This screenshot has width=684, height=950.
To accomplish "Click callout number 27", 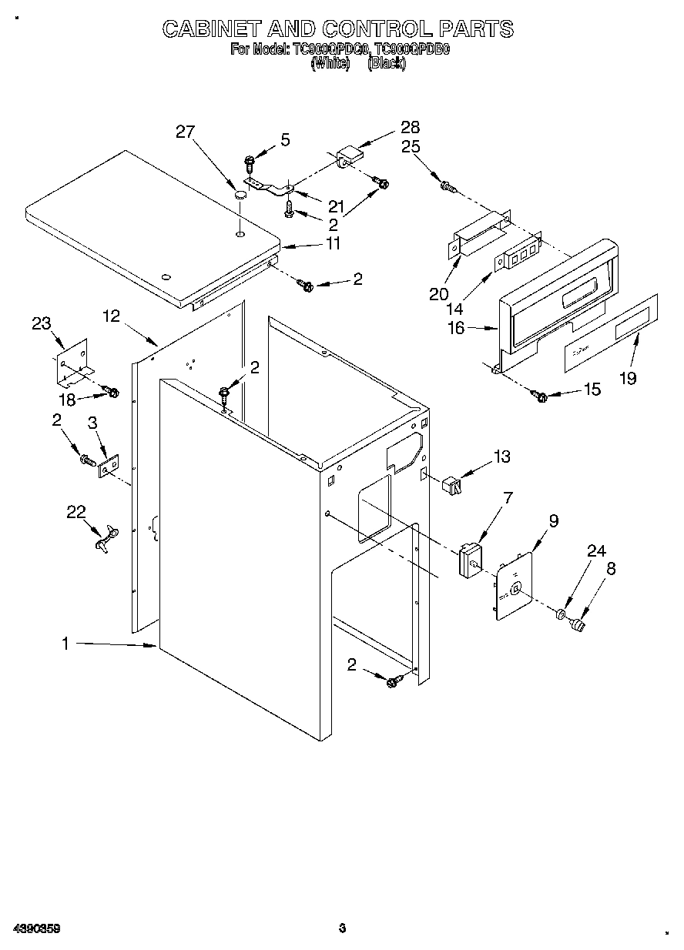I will click(x=185, y=132).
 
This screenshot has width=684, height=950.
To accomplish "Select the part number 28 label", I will click(x=410, y=127).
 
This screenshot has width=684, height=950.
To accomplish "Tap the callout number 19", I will click(x=629, y=378).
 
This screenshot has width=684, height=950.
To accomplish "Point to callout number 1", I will click(x=65, y=644).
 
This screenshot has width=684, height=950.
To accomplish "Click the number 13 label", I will click(x=501, y=457).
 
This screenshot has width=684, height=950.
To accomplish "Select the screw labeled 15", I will click(x=539, y=396).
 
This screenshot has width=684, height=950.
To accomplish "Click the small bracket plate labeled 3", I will click(x=108, y=467).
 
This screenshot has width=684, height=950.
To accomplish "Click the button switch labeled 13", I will click(x=451, y=485).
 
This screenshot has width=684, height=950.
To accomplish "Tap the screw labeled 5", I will click(x=250, y=162).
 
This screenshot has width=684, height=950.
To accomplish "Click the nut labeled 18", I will click(x=112, y=393).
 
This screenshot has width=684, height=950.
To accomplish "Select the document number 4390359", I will click(x=36, y=928).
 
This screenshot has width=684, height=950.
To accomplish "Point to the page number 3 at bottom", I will click(x=342, y=928).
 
